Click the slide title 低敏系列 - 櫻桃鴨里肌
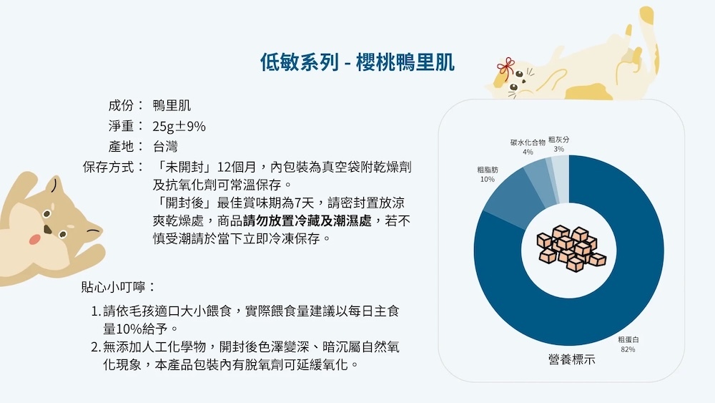coord(357,62)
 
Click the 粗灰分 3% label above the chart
coord(558,144)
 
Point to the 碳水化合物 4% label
coord(528,147)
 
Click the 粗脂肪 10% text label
coord(488,175)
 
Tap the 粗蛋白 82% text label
coord(628,344)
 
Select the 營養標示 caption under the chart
coord(571,359)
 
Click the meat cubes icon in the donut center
coord(571,248)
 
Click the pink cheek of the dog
coord(35,238)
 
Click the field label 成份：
coord(127,105)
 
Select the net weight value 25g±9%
coord(179,126)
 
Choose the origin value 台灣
coord(165,147)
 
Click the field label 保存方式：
coord(114,167)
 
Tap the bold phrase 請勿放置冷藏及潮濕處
coord(307,221)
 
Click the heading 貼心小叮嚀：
coord(119,287)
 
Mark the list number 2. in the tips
coord(96,347)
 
